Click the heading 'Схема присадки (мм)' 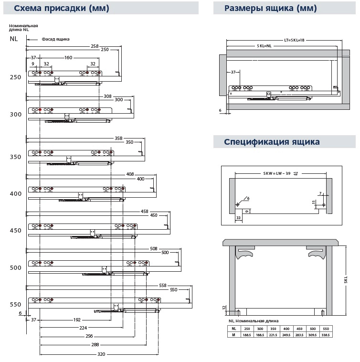(61, 8)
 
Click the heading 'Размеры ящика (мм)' (270, 8)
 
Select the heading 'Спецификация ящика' (272, 142)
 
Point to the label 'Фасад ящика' (55, 39)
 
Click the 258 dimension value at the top (95, 46)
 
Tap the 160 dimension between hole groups (68, 58)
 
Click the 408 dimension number (130, 174)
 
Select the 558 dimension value (163, 285)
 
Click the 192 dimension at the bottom (77, 319)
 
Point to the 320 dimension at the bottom (101, 354)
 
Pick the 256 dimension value (89, 337)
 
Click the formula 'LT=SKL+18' (294, 40)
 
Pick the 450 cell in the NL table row (300, 329)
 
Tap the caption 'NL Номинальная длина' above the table (254, 321)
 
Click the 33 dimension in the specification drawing (238, 217)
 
